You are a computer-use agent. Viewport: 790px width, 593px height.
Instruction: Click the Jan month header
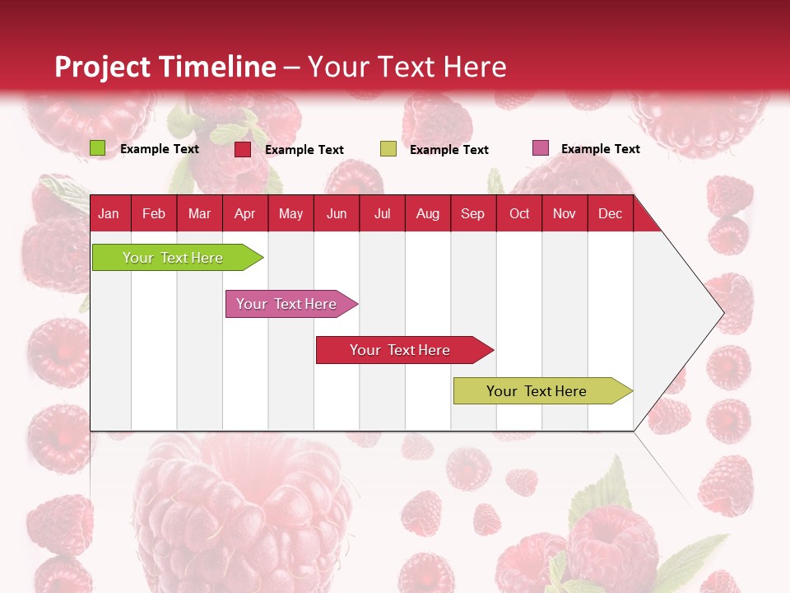point(109,213)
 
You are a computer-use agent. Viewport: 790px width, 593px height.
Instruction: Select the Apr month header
point(244,213)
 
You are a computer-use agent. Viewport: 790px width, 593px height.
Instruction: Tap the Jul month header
point(382,213)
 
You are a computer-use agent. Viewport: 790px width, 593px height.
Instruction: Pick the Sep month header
point(472,213)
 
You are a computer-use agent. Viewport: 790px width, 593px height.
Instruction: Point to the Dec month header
point(610,213)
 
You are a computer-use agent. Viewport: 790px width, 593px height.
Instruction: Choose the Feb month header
point(154,213)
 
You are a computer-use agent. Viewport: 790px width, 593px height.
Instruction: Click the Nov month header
point(564,213)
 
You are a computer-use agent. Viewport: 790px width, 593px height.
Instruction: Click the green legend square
point(98,148)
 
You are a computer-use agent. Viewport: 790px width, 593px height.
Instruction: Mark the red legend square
point(243,149)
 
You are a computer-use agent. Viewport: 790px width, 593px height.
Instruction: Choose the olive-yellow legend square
point(388,149)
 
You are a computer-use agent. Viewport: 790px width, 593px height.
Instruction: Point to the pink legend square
point(541,148)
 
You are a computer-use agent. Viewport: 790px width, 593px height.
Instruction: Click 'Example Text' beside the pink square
point(600,148)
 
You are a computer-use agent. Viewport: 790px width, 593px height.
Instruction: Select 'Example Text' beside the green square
point(160,148)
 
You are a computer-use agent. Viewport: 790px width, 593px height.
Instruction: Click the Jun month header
point(336,213)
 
